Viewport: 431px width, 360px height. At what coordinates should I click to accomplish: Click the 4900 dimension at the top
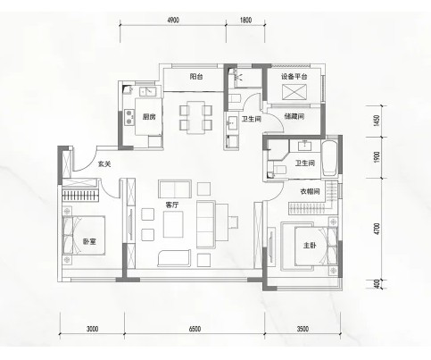173,20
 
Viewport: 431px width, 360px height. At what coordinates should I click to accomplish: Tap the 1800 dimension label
245,20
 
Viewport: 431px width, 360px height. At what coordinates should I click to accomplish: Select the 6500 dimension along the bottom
195,329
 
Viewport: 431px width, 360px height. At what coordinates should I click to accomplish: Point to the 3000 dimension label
93,329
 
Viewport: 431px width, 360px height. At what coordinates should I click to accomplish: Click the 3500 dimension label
303,329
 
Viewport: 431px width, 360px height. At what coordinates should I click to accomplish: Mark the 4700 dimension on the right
377,229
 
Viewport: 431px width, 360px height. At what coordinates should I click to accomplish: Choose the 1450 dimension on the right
377,121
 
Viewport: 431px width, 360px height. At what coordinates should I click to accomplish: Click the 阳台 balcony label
196,77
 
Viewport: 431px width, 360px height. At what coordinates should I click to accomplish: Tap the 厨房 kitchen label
149,117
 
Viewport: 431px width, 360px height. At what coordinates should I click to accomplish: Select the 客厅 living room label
172,205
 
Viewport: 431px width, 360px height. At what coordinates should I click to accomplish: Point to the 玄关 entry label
104,163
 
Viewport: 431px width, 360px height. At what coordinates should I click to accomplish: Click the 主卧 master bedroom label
310,246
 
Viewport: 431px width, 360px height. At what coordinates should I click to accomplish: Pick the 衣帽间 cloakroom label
310,191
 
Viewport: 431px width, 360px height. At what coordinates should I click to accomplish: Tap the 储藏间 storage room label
294,116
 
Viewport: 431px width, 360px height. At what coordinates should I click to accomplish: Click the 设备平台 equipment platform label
294,77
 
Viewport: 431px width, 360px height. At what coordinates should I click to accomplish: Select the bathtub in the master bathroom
329,158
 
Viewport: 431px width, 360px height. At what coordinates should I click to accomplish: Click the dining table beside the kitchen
195,118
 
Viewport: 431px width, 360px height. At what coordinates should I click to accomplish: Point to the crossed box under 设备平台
294,92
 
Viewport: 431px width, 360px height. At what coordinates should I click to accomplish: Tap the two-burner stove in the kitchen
128,117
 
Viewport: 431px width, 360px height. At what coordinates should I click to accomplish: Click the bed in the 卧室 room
84,235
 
